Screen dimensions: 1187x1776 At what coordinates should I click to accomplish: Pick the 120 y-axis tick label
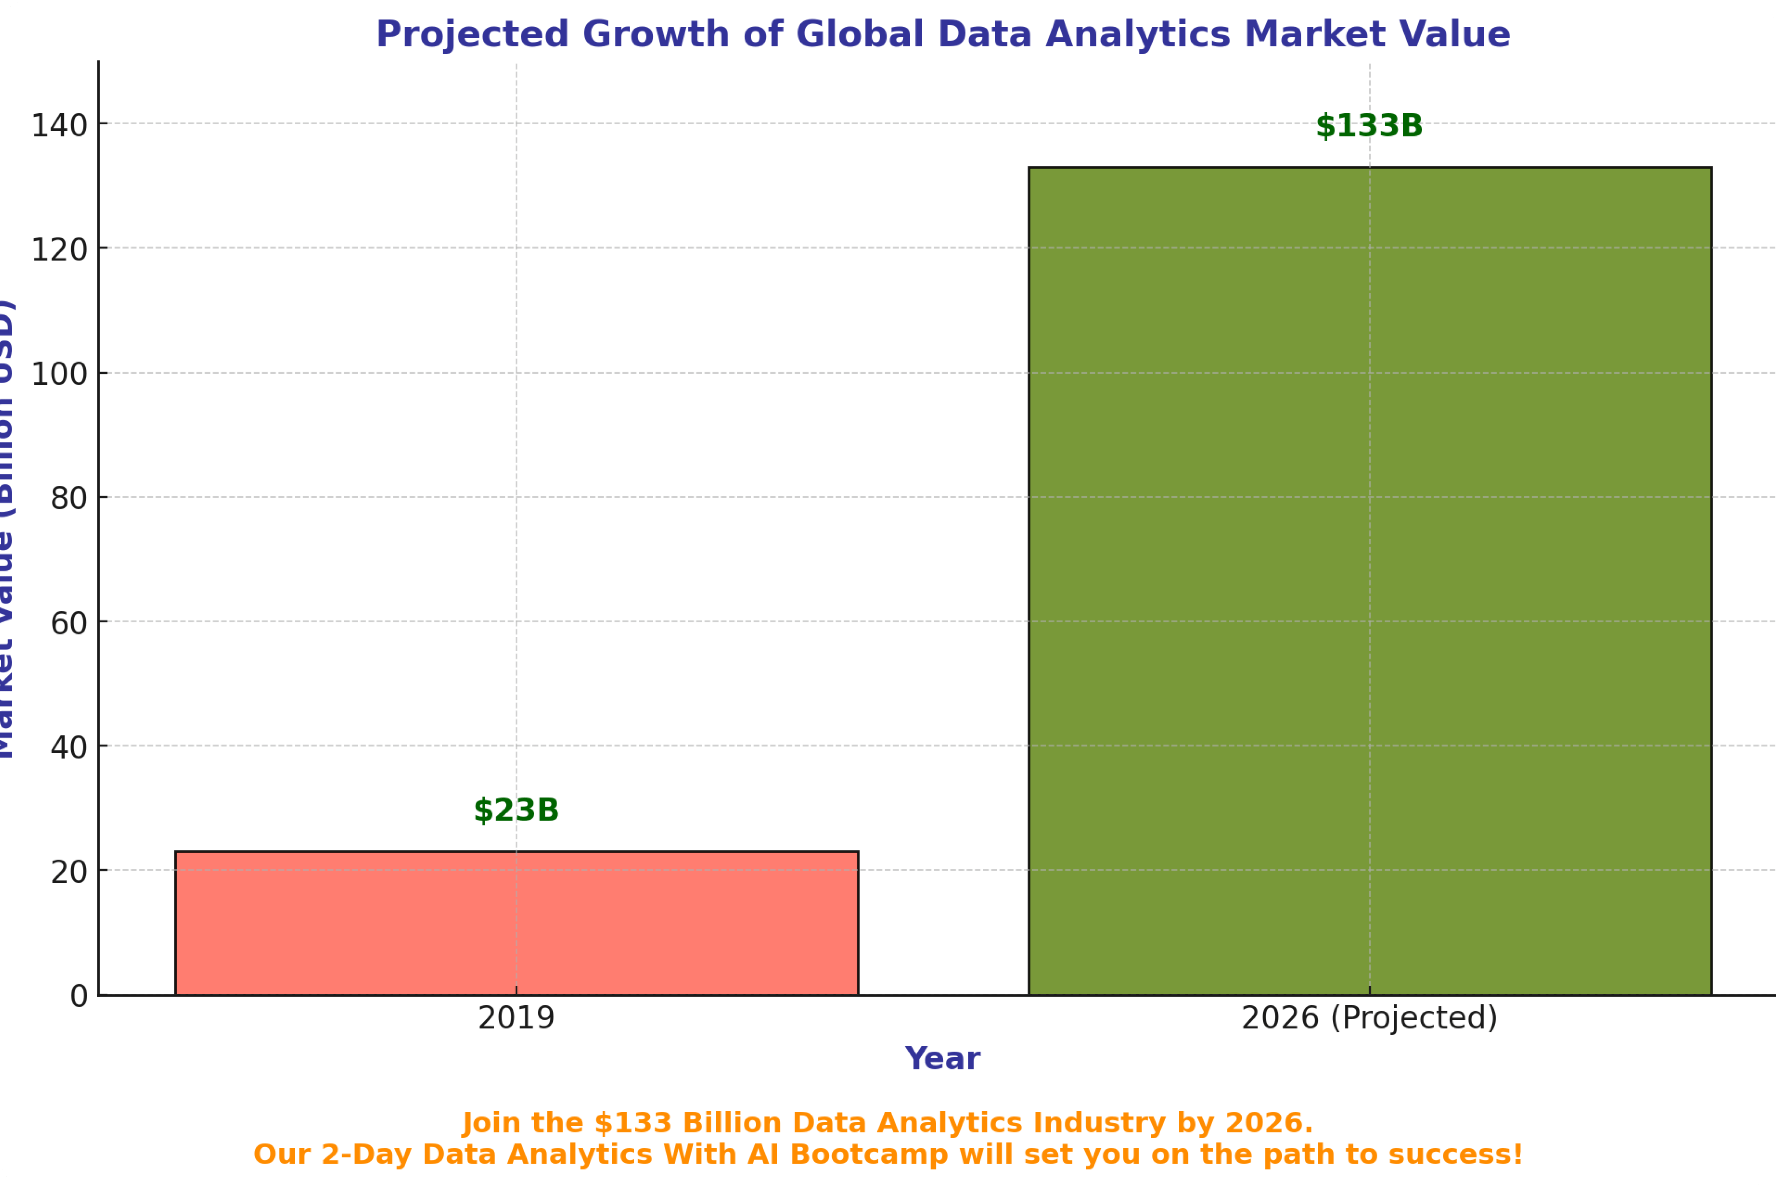click(x=59, y=250)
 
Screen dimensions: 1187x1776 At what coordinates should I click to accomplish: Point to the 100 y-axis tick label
click(x=59, y=374)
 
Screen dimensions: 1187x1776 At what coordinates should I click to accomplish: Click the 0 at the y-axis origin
click(x=79, y=996)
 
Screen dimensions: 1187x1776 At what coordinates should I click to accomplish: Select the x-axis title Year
click(x=943, y=1058)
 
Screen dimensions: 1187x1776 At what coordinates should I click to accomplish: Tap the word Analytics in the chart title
click(x=1138, y=35)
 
